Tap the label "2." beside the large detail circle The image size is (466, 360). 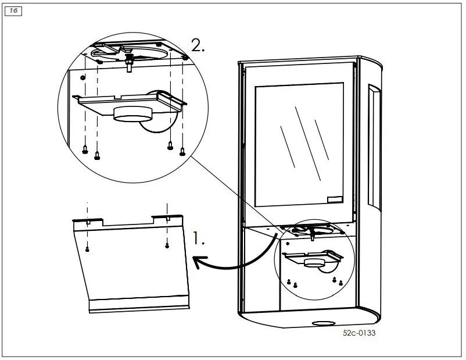pyautogui.click(x=198, y=46)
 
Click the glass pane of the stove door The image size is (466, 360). pyautogui.click(x=302, y=145)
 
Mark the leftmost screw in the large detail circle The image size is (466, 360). pyautogui.click(x=85, y=148)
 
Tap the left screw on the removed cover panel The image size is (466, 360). pyautogui.click(x=87, y=249)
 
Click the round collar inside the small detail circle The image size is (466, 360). pyautogui.click(x=314, y=262)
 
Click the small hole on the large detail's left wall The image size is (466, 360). pyautogui.click(x=83, y=76)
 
